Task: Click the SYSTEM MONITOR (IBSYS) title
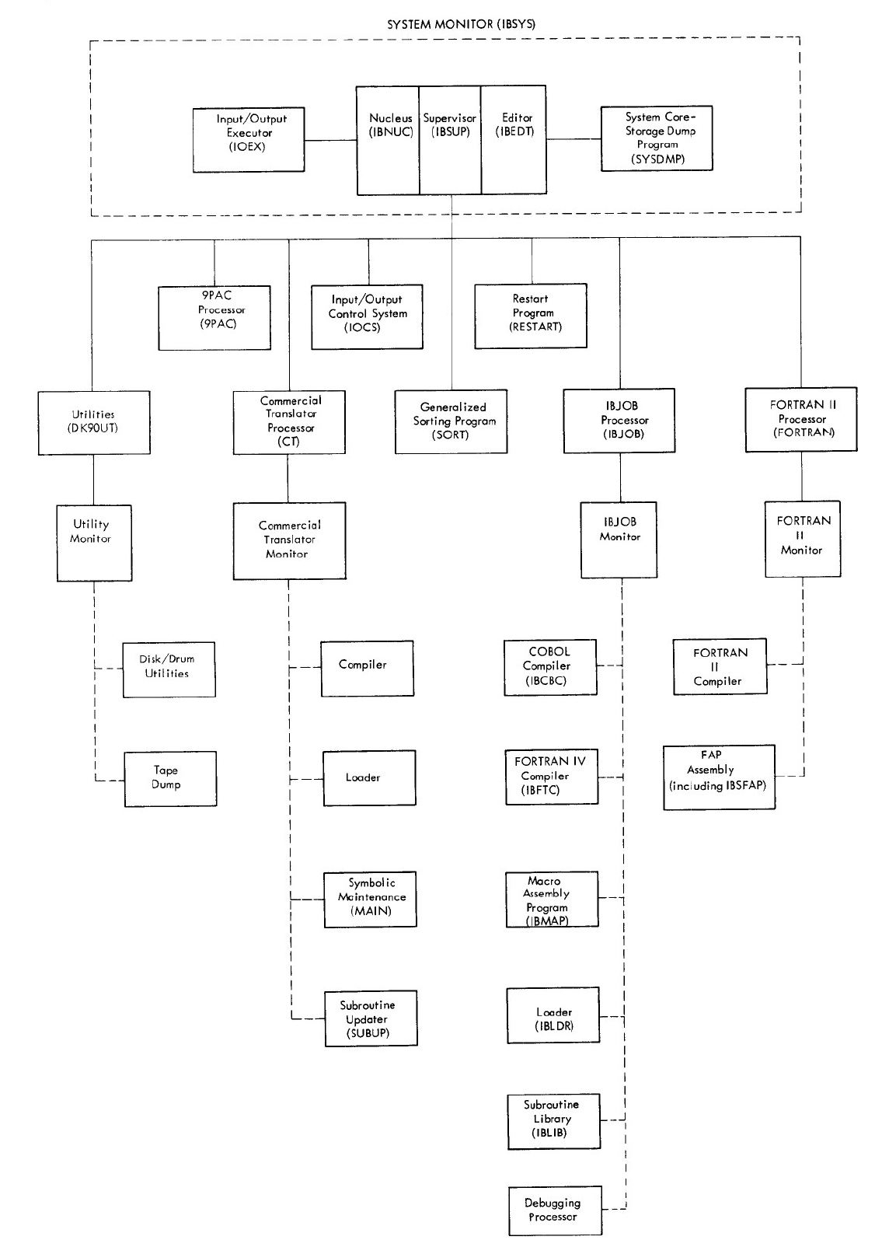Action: click(461, 24)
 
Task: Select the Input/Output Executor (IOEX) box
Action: click(248, 139)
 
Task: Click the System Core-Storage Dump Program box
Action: click(657, 138)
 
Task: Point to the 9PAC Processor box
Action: click(214, 317)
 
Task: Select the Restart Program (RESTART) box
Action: click(531, 315)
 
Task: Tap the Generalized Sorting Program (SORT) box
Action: click(451, 421)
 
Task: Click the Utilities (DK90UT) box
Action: click(94, 422)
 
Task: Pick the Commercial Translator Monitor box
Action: click(289, 540)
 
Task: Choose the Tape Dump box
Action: click(170, 778)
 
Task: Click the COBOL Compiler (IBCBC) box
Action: click(550, 667)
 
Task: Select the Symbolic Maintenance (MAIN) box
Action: click(370, 899)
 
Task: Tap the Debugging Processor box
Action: click(555, 1210)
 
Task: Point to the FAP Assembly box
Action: click(719, 777)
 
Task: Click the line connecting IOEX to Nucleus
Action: click(330, 141)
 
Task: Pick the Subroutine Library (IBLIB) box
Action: click(553, 1120)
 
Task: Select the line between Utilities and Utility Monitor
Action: click(94, 480)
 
